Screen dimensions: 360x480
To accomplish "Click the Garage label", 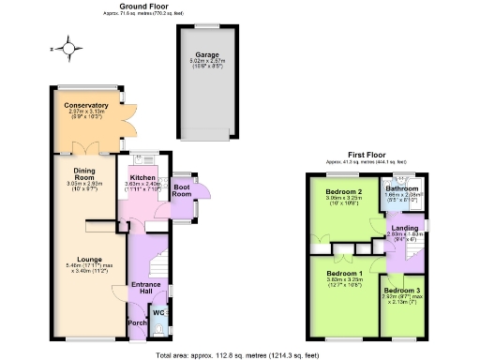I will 207,54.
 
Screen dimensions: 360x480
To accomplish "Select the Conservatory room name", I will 86,105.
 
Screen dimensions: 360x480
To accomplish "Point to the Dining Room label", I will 85,173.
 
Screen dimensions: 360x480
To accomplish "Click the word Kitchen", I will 142,177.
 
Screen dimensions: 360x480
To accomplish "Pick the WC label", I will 157,311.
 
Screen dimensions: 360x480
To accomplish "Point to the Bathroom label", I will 401,187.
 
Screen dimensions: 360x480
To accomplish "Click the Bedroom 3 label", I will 400,291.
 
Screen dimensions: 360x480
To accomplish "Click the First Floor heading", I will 367,154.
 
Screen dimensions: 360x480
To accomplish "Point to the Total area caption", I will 239,354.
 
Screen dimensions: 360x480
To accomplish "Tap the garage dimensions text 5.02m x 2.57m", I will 207,61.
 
